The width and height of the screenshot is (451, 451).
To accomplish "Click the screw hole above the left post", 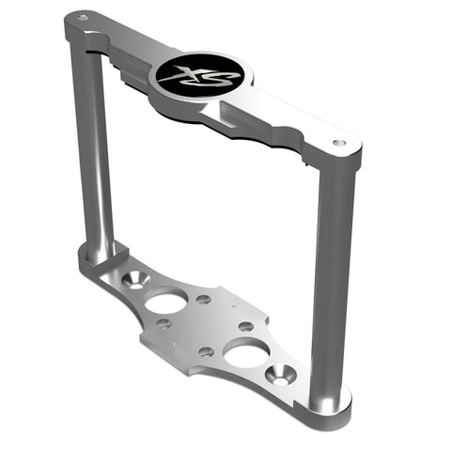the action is [83, 18].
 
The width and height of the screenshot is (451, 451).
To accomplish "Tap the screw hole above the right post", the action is [337, 143].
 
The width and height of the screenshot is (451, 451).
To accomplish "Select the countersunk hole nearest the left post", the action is [135, 280].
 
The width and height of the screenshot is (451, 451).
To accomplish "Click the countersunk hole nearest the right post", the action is [281, 375].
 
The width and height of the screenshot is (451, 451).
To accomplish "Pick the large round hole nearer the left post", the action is [166, 300].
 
